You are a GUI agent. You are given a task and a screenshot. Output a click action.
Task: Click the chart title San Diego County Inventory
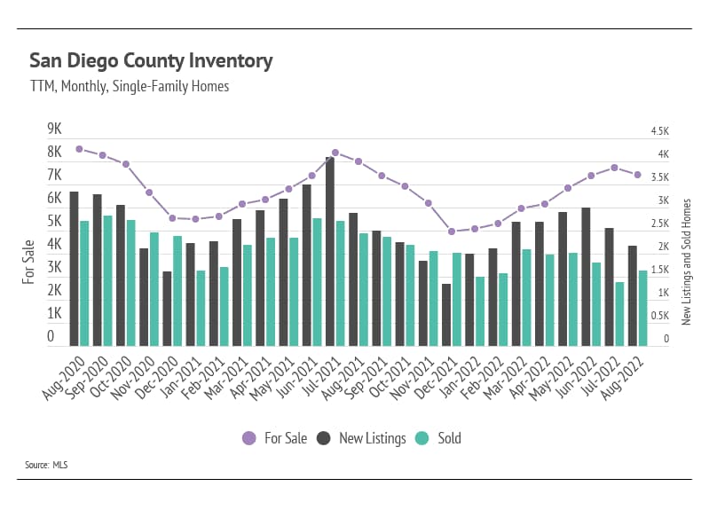coord(151,61)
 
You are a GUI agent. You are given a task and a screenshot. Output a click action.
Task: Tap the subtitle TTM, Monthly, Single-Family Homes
coord(130,86)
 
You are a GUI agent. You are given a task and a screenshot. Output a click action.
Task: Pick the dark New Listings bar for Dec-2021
coord(446,315)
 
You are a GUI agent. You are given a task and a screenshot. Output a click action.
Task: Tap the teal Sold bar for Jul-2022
coord(619,314)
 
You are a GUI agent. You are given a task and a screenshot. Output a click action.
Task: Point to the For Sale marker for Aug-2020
coord(80,149)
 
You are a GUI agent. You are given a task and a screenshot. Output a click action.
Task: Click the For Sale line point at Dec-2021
coord(452,231)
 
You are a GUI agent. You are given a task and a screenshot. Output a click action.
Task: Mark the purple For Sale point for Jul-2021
coord(335,153)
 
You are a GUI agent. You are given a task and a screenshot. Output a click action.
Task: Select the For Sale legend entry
coord(271,437)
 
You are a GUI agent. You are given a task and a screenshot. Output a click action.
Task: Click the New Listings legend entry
coord(362,437)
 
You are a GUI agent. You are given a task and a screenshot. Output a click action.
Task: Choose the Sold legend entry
coord(439,437)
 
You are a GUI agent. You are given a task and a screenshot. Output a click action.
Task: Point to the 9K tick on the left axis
coord(55,129)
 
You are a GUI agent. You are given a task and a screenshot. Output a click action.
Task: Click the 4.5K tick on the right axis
coord(658,131)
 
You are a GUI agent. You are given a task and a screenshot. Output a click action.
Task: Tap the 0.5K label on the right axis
coord(658,316)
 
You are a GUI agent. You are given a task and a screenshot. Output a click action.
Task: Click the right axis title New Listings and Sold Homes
coord(686,261)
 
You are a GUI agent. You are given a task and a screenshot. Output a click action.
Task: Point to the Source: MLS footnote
coord(47,464)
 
